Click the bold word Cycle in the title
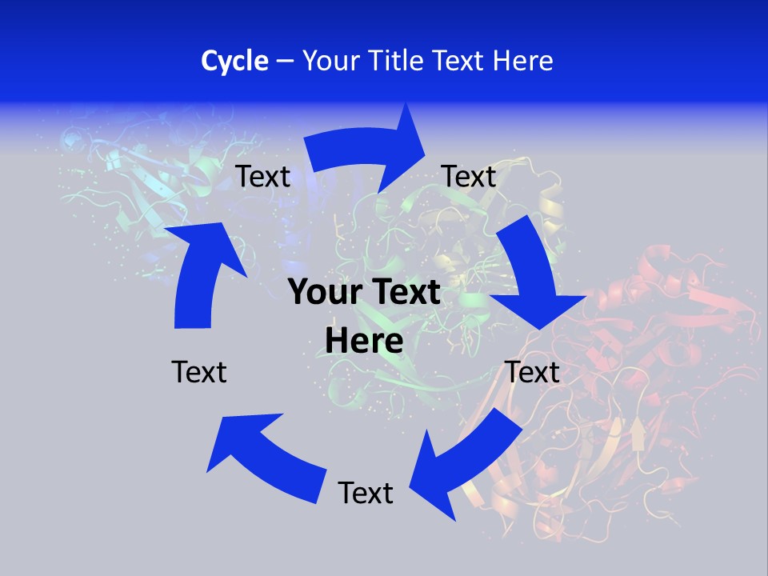[x=234, y=61]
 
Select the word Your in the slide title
[x=329, y=61]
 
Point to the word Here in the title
[x=523, y=61]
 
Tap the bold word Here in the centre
[x=364, y=341]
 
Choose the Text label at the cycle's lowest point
[x=366, y=494]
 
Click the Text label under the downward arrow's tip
[x=532, y=372]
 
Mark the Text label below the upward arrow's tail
[x=199, y=372]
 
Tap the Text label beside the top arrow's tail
[x=263, y=176]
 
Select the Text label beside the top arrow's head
[x=469, y=176]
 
